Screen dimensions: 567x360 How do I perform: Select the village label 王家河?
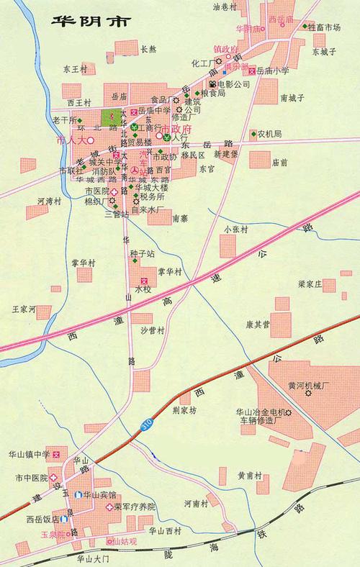(x=23, y=309)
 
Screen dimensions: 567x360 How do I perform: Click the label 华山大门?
(x=91, y=558)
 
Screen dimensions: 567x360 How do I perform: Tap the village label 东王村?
(x=74, y=69)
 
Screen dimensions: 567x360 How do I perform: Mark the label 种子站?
(x=142, y=253)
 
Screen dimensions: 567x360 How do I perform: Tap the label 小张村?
(x=235, y=229)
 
